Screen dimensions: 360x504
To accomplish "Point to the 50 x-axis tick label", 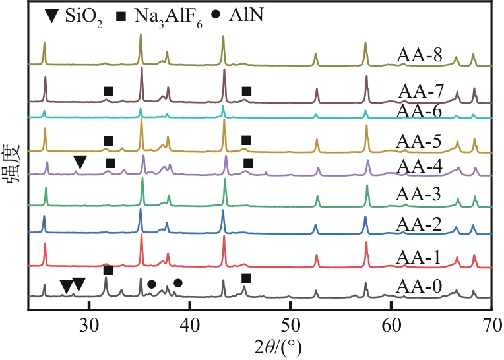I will tap(290, 324).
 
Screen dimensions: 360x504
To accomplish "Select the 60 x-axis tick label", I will tap(391, 324).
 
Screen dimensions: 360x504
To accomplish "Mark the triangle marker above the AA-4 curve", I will tap(80, 162).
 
